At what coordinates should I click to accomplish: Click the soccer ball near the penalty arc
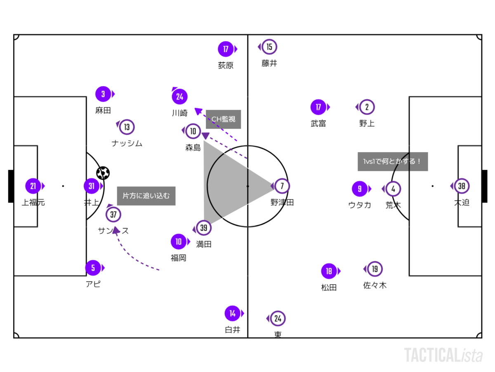pos(103,173)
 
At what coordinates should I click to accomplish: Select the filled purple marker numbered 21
pos(33,186)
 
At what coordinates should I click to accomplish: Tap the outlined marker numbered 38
pos(462,186)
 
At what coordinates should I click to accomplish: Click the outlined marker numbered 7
pos(282,186)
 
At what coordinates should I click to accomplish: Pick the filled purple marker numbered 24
pos(179,97)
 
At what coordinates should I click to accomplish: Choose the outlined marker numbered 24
pos(278,319)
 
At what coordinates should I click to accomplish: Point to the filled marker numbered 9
pos(360,189)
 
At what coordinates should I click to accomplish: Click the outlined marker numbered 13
pos(127,127)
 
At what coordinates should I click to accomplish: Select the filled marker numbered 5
pos(93,268)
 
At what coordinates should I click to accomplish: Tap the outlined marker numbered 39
pos(204,228)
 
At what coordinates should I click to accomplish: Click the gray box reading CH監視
pos(223,119)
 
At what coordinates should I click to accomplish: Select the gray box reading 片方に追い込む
pos(146,196)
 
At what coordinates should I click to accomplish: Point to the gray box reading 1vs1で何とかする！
pos(393,162)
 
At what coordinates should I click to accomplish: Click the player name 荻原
pos(226,65)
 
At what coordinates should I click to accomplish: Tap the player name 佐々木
pos(375,285)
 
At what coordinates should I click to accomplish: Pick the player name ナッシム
pos(127,143)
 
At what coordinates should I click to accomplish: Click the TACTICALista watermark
pos(443,355)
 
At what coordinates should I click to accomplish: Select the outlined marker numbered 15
pos(269,47)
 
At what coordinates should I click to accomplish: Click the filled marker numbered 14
pos(232,313)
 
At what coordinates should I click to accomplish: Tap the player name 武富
pos(318,123)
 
